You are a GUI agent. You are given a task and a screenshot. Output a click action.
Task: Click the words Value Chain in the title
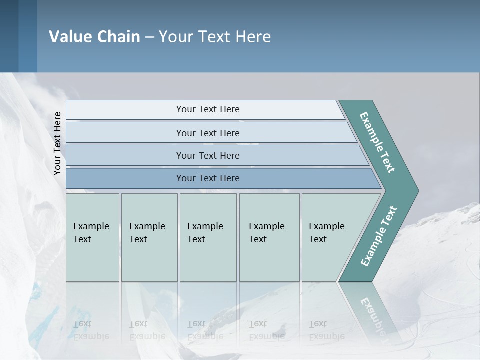94,37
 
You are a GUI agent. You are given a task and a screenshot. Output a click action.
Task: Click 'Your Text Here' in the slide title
215,37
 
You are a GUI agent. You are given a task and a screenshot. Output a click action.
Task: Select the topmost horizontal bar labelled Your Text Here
207,109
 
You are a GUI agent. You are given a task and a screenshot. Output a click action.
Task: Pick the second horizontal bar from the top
207,133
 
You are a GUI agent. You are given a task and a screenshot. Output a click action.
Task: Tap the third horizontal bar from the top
207,155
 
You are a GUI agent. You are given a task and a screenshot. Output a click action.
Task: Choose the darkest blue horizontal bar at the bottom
207,178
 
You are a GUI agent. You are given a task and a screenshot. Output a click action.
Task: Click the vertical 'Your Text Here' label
58,144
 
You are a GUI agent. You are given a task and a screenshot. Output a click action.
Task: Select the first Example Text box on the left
92,237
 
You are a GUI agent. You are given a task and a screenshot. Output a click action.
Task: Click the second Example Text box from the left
149,237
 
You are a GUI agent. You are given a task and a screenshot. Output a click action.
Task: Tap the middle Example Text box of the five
208,237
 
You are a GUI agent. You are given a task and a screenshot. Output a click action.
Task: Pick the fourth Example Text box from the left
269,237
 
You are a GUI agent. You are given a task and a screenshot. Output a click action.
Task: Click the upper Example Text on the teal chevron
378,142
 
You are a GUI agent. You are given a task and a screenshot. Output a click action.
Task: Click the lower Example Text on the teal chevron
379,236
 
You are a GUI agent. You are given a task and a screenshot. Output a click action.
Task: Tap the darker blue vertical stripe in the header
28,36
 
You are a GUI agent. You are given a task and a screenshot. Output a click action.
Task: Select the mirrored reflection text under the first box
91,330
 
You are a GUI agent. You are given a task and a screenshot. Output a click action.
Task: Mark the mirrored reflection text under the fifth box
326,330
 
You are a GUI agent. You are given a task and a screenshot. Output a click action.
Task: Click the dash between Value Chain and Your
149,37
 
